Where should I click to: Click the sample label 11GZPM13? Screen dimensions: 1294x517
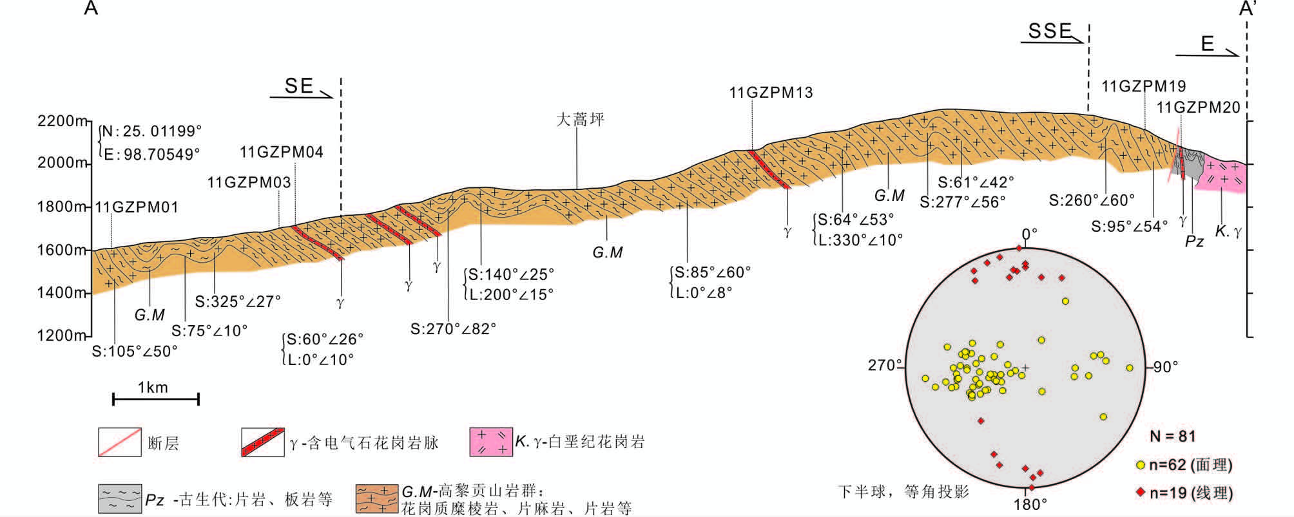[771, 93]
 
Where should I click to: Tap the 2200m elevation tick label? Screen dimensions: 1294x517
[62, 121]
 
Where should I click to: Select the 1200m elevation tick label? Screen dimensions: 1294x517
[62, 335]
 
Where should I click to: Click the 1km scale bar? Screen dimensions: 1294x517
[155, 399]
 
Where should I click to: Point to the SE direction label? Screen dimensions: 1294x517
[299, 86]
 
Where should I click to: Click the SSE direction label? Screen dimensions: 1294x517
[1049, 31]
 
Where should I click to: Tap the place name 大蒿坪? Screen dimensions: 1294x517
[580, 120]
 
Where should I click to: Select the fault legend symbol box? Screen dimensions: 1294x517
[119, 442]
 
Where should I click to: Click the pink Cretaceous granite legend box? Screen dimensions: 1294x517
[491, 442]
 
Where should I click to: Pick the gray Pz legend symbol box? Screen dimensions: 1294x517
[119, 499]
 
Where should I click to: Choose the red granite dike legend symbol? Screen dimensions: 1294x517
[262, 442]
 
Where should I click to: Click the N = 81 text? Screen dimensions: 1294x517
[1173, 437]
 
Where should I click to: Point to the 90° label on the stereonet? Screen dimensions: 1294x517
[1165, 367]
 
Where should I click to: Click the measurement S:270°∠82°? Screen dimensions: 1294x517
[453, 329]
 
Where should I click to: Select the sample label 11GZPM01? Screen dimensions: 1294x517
[137, 207]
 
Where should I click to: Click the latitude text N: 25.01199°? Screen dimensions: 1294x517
[152, 131]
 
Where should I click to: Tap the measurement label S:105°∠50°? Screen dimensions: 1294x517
[134, 352]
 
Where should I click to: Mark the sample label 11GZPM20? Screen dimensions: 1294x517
[1198, 108]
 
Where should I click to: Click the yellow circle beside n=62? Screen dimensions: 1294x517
[1140, 465]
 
